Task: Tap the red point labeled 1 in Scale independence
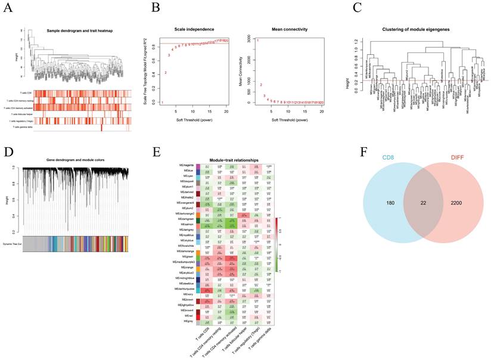click(x=162, y=103)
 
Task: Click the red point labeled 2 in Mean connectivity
click(x=261, y=85)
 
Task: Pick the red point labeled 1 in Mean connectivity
click(x=258, y=41)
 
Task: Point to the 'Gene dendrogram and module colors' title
click(x=74, y=161)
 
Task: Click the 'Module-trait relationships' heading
click(x=234, y=161)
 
